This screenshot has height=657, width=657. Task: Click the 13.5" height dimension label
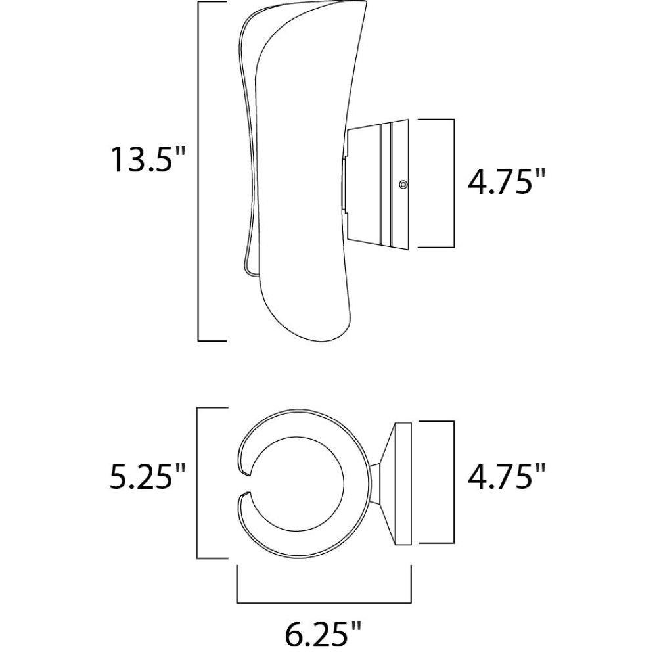click(147, 159)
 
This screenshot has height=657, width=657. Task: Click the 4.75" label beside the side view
click(506, 181)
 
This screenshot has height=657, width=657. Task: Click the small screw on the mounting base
click(403, 184)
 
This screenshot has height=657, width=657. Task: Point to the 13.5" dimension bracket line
click(198, 171)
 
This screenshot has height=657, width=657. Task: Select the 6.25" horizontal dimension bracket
click(324, 603)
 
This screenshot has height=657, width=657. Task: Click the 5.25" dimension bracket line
click(197, 483)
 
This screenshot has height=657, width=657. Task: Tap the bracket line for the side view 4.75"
click(454, 183)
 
